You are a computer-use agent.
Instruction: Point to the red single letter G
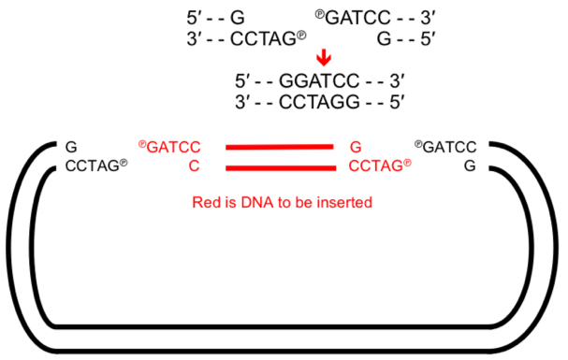356,147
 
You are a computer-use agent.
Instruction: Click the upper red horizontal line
280,147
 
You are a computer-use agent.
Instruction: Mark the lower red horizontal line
280,168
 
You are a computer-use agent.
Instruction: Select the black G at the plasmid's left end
72,147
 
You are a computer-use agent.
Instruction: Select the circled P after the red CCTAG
407,163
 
